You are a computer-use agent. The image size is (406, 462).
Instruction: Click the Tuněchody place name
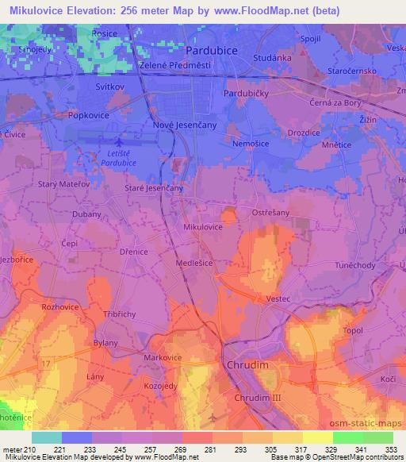coord(355,266)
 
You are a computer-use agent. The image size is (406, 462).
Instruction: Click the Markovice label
coord(162,358)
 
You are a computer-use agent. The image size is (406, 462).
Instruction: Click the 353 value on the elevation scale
coord(389,450)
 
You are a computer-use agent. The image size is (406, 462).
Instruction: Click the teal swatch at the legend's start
coord(47,437)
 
